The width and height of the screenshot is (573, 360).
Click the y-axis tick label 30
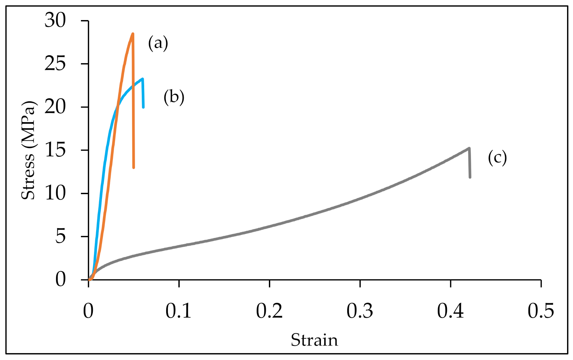coord(55,20)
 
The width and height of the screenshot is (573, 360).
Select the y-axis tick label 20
coord(55,107)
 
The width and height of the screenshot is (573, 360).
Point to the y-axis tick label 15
coord(55,150)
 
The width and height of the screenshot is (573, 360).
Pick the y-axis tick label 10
coord(55,193)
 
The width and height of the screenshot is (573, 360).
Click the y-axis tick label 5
coord(61,236)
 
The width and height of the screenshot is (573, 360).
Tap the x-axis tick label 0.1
coord(178,311)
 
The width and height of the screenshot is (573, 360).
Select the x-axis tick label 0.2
coord(269,311)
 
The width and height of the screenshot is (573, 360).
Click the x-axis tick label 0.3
coord(360,311)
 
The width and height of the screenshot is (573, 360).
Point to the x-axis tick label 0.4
coord(450,311)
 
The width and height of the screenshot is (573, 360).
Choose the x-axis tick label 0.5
coord(541,311)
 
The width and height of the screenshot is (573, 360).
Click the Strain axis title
coord(314,340)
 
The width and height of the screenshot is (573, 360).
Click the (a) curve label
coord(158,43)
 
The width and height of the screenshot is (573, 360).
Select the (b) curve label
coord(174,97)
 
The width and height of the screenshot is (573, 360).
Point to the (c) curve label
coord(497,158)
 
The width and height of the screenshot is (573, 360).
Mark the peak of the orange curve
coord(133,34)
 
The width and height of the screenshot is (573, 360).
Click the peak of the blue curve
coord(142,79)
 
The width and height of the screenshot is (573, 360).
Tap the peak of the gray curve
coord(469,148)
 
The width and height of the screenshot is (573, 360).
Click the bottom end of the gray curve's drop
coord(470,177)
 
